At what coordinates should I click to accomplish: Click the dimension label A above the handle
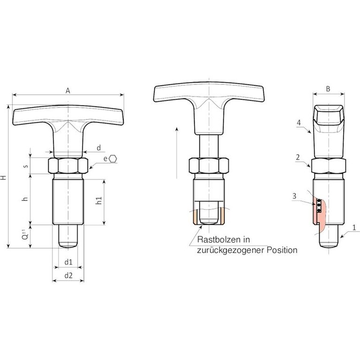pyautogui.click(x=67, y=90)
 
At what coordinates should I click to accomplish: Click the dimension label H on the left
pyautogui.click(x=3, y=178)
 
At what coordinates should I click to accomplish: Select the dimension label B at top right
pyautogui.click(x=328, y=89)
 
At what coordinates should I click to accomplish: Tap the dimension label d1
pyautogui.click(x=68, y=262)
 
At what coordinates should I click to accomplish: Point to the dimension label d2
pyautogui.click(x=68, y=275)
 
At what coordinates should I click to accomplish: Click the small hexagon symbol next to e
pyautogui.click(x=112, y=158)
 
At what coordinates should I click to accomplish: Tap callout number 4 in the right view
pyautogui.click(x=299, y=123)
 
